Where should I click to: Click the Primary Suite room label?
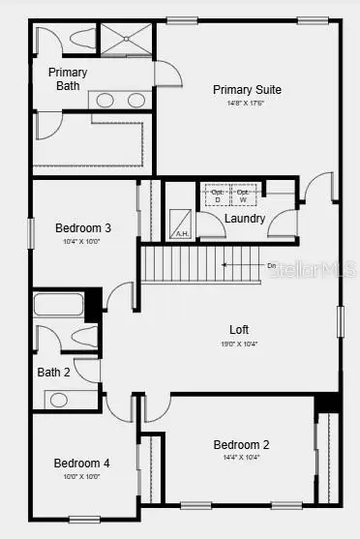(247, 90)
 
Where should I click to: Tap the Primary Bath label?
(68, 79)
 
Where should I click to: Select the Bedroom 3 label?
(81, 228)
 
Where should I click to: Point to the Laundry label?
(244, 219)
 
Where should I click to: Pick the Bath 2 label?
(54, 372)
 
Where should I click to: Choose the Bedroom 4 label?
(81, 463)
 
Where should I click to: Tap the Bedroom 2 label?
(241, 444)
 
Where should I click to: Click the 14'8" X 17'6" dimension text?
(247, 104)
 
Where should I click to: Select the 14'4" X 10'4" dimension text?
(241, 458)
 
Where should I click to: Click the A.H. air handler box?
(181, 225)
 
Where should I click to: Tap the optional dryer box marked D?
(217, 195)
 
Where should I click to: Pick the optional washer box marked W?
(242, 195)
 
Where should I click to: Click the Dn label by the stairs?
(272, 264)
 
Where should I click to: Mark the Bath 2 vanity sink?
(58, 399)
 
